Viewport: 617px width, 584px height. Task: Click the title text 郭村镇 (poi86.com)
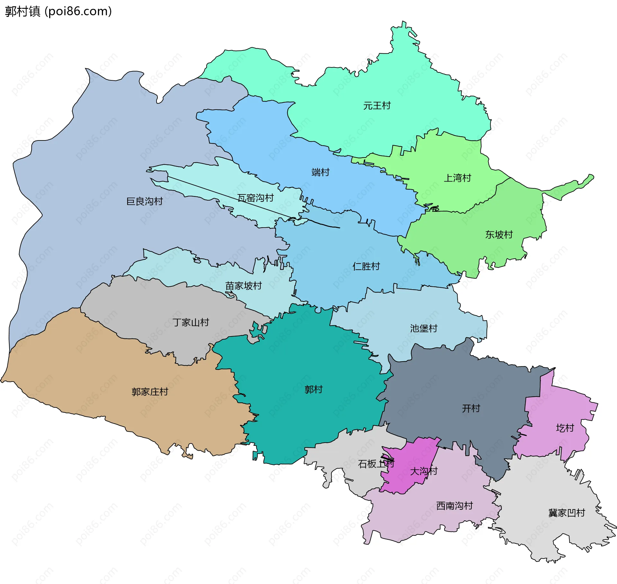[x=58, y=12]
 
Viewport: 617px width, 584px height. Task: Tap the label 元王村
[x=377, y=106]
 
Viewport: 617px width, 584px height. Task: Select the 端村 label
[x=320, y=173]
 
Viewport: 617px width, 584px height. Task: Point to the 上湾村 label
[x=457, y=178]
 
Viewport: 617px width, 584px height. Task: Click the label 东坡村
[x=499, y=235]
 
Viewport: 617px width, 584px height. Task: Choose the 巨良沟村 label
[x=144, y=202]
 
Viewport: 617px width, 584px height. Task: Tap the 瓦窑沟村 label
[x=255, y=198]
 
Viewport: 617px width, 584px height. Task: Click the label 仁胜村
[x=366, y=266]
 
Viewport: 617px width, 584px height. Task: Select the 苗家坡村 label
[x=243, y=286]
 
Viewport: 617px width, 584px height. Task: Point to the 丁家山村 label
[x=191, y=322]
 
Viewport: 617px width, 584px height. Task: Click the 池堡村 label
[x=424, y=328]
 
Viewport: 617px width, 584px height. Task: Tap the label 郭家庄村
[x=150, y=392]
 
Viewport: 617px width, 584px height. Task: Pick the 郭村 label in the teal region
[x=313, y=390]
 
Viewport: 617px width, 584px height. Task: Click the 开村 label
[x=471, y=409]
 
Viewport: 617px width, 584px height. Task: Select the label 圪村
[x=565, y=428]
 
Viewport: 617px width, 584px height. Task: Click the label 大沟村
[x=424, y=471]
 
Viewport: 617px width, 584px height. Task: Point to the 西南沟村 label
[x=454, y=506]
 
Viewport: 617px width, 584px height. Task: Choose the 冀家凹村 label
[x=566, y=513]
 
